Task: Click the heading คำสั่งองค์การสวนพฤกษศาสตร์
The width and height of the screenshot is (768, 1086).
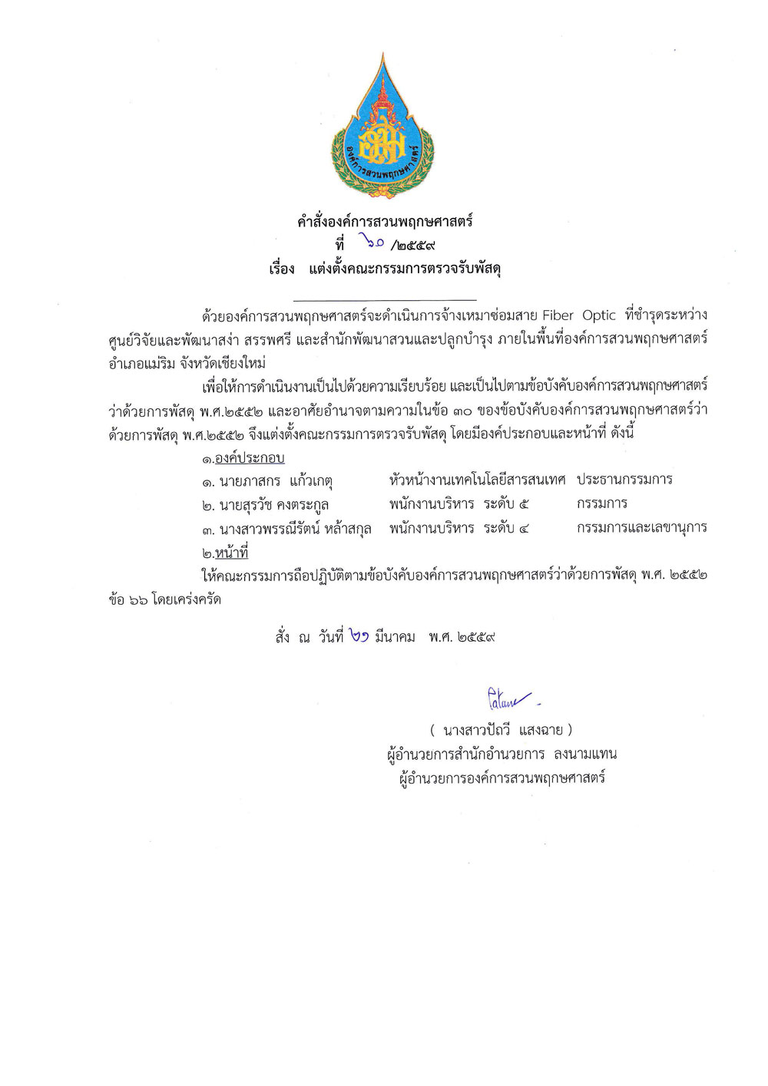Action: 385,222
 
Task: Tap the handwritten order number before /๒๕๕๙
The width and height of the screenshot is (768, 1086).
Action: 374,245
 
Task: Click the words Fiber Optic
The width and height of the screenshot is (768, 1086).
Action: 579,315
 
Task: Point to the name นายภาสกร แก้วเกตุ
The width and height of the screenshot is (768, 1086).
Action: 266,482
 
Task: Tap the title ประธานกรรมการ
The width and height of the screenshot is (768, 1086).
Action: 624,480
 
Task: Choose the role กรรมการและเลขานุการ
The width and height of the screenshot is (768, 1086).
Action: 641,528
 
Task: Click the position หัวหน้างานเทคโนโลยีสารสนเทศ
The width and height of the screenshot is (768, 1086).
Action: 477,480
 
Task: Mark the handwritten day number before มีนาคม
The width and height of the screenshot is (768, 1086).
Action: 358,636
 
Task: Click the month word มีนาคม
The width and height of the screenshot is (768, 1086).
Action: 395,637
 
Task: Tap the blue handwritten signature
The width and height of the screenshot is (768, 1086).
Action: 510,698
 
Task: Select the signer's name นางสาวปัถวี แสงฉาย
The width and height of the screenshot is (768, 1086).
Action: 502,730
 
